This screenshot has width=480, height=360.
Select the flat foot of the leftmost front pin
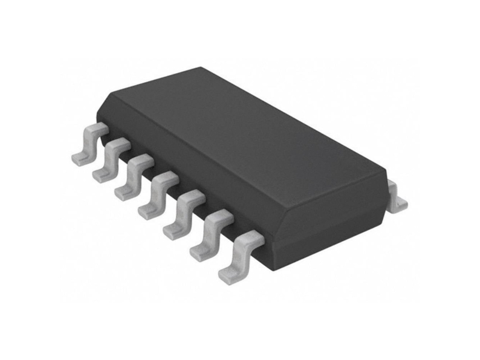[x=80, y=158]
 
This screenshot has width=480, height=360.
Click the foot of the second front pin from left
[x=101, y=174]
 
